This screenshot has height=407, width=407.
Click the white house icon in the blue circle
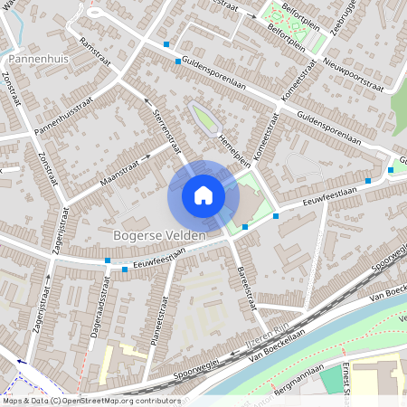[x=203, y=194]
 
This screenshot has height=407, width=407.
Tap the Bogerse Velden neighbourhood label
[x=159, y=235]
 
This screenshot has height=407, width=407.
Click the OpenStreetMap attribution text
[x=90, y=401]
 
